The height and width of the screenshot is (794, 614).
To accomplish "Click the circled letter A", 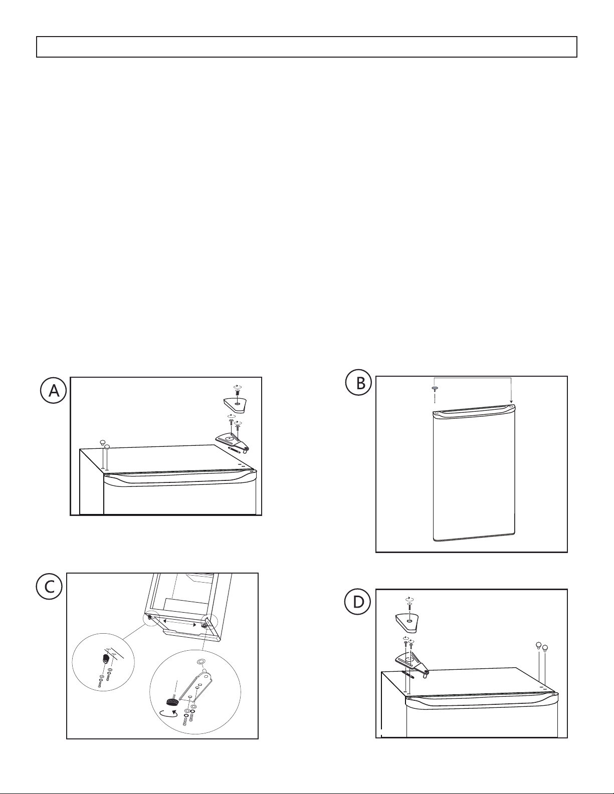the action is (53, 390).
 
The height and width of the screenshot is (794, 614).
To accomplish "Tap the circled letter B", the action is (359, 383).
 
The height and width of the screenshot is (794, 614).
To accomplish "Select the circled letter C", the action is (49, 587).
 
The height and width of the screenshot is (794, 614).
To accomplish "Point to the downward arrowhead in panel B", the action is (511, 401).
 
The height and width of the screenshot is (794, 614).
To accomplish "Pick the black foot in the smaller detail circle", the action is (106, 659).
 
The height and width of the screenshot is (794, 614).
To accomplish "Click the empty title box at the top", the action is (307, 47).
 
